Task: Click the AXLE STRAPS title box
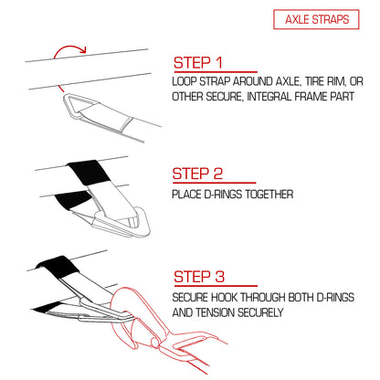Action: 316,19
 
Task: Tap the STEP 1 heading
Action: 198,63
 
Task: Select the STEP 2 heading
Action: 197,174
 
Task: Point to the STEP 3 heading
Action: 199,277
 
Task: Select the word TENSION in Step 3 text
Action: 216,312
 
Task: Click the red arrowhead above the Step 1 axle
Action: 83,50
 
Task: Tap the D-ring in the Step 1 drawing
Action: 77,107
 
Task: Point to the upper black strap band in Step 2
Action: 89,172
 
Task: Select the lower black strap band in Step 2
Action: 74,200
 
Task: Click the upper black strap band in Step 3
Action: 58,267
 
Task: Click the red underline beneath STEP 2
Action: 214,183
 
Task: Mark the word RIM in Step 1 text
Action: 336,81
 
